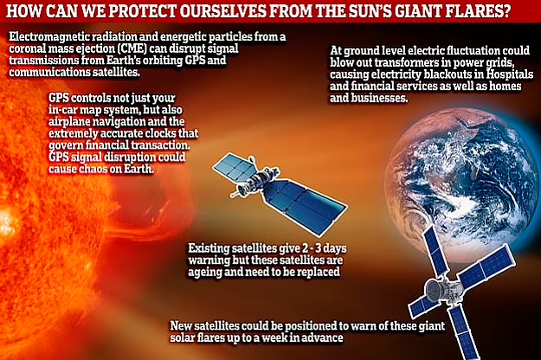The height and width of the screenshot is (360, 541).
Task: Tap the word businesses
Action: coord(379,98)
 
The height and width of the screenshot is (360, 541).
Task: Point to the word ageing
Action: coord(204,272)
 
